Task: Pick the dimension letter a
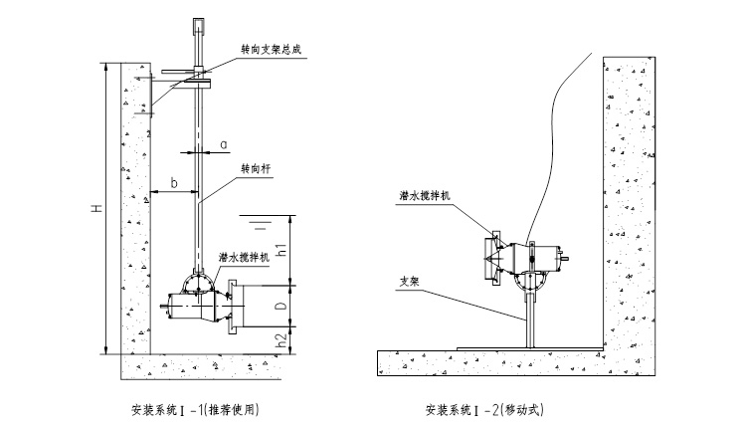224,144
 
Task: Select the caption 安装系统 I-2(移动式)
485,409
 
